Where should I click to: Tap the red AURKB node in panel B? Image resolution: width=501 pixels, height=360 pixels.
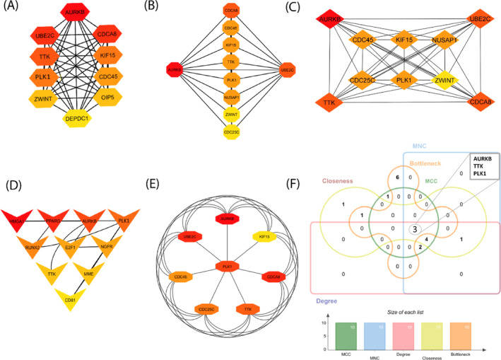click(x=174, y=69)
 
